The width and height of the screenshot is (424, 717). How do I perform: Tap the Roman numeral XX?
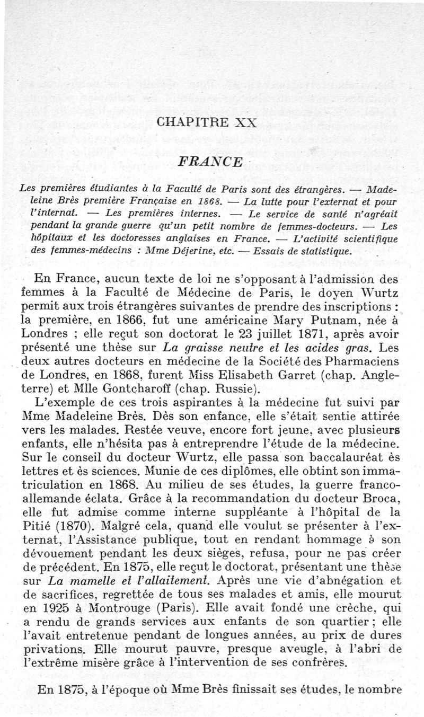click(243, 122)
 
